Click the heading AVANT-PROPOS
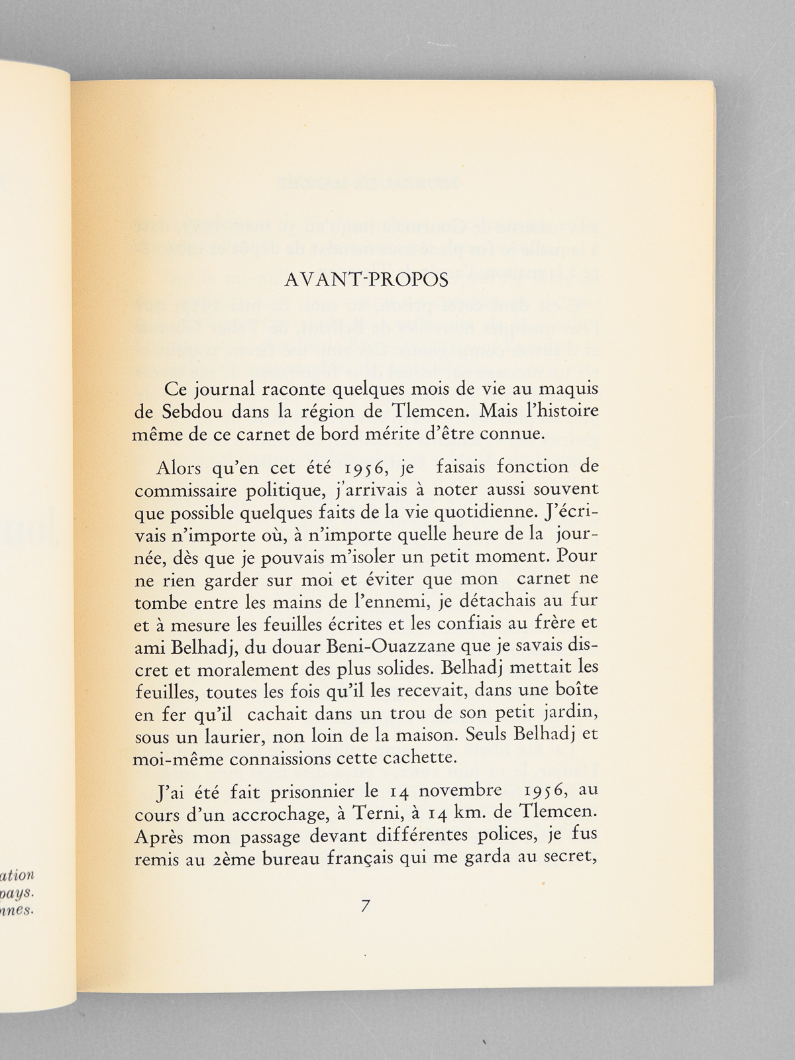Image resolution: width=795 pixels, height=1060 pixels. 366,280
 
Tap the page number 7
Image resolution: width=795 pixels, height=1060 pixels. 365,907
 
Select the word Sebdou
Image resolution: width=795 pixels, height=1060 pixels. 184,411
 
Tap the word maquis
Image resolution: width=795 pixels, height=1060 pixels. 566,390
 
